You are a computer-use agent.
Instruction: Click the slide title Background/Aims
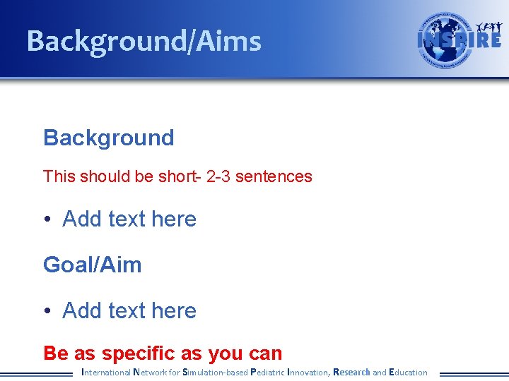(x=144, y=42)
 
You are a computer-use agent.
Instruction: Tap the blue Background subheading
(x=108, y=138)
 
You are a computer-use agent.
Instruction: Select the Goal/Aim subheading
(x=92, y=265)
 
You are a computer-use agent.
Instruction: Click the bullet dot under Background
(x=47, y=219)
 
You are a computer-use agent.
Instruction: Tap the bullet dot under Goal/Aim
(x=47, y=311)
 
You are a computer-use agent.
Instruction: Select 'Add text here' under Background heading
(x=129, y=219)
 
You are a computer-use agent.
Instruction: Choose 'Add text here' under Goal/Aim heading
(x=129, y=311)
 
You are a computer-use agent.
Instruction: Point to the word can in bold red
(x=265, y=353)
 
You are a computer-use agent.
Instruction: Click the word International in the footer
(x=106, y=372)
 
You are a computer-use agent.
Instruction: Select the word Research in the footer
(x=351, y=372)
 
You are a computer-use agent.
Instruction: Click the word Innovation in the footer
(x=308, y=372)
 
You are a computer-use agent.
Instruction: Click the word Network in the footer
(x=150, y=372)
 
